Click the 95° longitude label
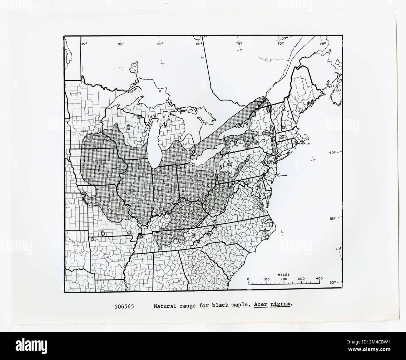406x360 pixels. point(84,44)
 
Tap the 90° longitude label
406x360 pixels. point(121,44)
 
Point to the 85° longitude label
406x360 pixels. point(160,44)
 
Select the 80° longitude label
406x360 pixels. point(199,44)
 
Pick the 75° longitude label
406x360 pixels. point(239,44)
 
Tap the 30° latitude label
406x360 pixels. point(332,282)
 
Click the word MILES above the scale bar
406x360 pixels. point(284,275)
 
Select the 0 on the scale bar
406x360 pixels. point(248,279)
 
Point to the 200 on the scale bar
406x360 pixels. point(284,279)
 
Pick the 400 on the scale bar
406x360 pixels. point(319,279)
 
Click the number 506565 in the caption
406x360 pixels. point(124,306)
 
